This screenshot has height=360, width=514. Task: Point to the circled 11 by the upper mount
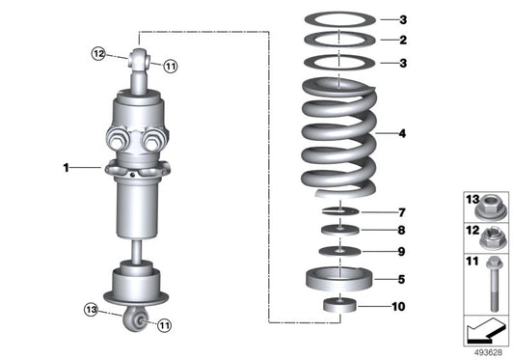(170, 67)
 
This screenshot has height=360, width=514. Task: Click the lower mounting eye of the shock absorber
(137, 319)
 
